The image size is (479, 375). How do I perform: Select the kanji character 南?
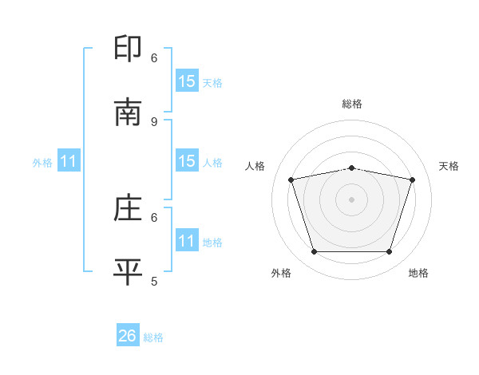click(x=129, y=112)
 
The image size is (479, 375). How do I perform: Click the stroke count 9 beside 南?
click(x=154, y=121)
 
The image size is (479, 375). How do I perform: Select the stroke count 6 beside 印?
click(x=154, y=57)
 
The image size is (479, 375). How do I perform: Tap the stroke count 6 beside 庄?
click(x=154, y=216)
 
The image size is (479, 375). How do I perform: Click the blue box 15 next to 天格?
click(x=187, y=81)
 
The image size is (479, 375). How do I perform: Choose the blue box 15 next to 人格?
click(x=187, y=161)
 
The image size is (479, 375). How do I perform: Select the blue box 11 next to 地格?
click(x=187, y=240)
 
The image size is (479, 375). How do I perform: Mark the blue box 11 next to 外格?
click(x=69, y=161)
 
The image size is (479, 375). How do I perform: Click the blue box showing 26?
click(x=128, y=336)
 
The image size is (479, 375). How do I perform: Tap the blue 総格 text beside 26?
click(x=153, y=337)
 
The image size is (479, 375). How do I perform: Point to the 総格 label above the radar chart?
click(x=352, y=104)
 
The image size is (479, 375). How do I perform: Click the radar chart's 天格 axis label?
click(x=449, y=166)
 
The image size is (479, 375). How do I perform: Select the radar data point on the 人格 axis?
click(x=291, y=180)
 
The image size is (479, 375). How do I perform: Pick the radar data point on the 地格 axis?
click(x=389, y=252)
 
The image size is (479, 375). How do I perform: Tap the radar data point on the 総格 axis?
click(x=352, y=168)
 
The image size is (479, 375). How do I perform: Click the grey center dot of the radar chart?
click(x=352, y=199)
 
